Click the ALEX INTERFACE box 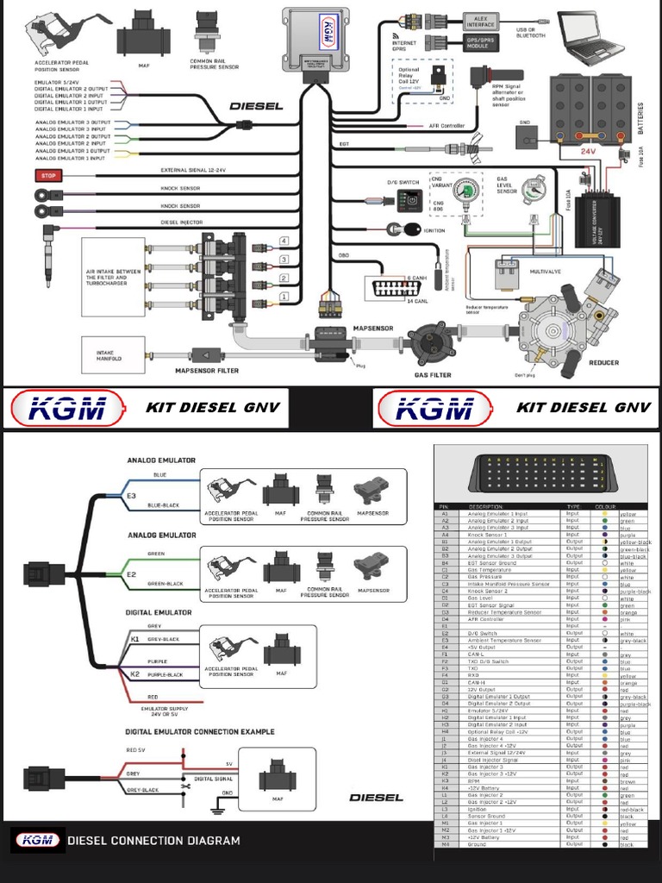tap(480, 21)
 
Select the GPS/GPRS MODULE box tap(480, 43)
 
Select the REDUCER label tap(603, 362)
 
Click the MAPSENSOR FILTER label tap(207, 372)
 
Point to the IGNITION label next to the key tap(434, 231)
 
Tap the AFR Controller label tap(447, 126)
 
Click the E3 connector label tap(131, 497)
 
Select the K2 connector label tap(135, 673)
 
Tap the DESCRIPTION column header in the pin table tap(485, 506)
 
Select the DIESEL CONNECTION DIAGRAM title tap(153, 840)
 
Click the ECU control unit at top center tap(315, 41)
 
